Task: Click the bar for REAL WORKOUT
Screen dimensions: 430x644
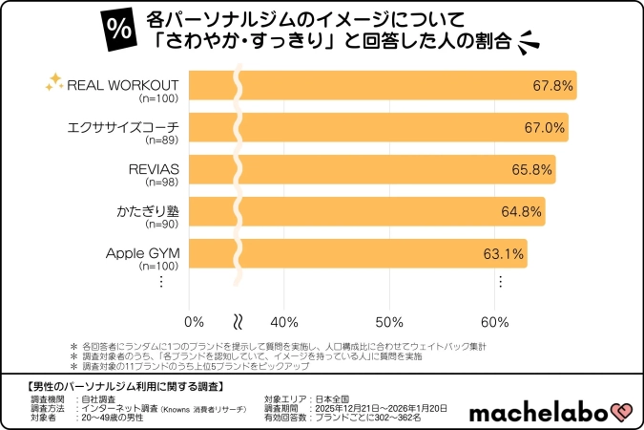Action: tap(382, 85)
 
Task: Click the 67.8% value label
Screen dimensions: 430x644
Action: tap(552, 86)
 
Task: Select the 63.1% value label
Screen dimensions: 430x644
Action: tap(503, 254)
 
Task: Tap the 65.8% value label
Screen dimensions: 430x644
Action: tap(531, 170)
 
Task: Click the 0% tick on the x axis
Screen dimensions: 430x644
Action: tap(194, 321)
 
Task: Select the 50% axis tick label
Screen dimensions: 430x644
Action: tap(389, 321)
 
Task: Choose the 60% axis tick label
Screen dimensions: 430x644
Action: tap(494, 321)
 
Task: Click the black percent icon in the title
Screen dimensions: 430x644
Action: tap(119, 29)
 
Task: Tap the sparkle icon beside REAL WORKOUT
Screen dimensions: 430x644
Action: tap(54, 83)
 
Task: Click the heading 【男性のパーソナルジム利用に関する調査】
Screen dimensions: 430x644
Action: tap(121, 386)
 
